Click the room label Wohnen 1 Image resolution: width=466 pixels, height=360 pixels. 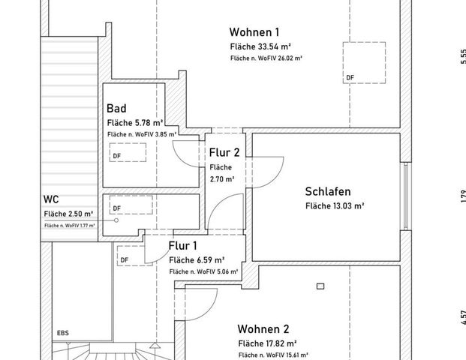tap(254, 32)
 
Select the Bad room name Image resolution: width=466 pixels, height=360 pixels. tap(116, 109)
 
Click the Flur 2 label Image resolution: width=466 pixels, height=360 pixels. tap(224, 153)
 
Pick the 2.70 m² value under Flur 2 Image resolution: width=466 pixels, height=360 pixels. tap(222, 179)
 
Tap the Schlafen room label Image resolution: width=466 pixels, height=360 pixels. tap(328, 191)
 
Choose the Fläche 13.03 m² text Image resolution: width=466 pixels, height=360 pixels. tap(334, 205)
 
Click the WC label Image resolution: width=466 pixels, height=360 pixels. tap(52, 200)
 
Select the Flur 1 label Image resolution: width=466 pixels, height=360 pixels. tap(183, 246)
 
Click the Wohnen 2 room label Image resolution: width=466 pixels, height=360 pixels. tap(263, 329)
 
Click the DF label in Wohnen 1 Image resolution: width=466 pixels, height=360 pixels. tap(350, 78)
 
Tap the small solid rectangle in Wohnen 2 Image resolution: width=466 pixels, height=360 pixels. tap(320, 285)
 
